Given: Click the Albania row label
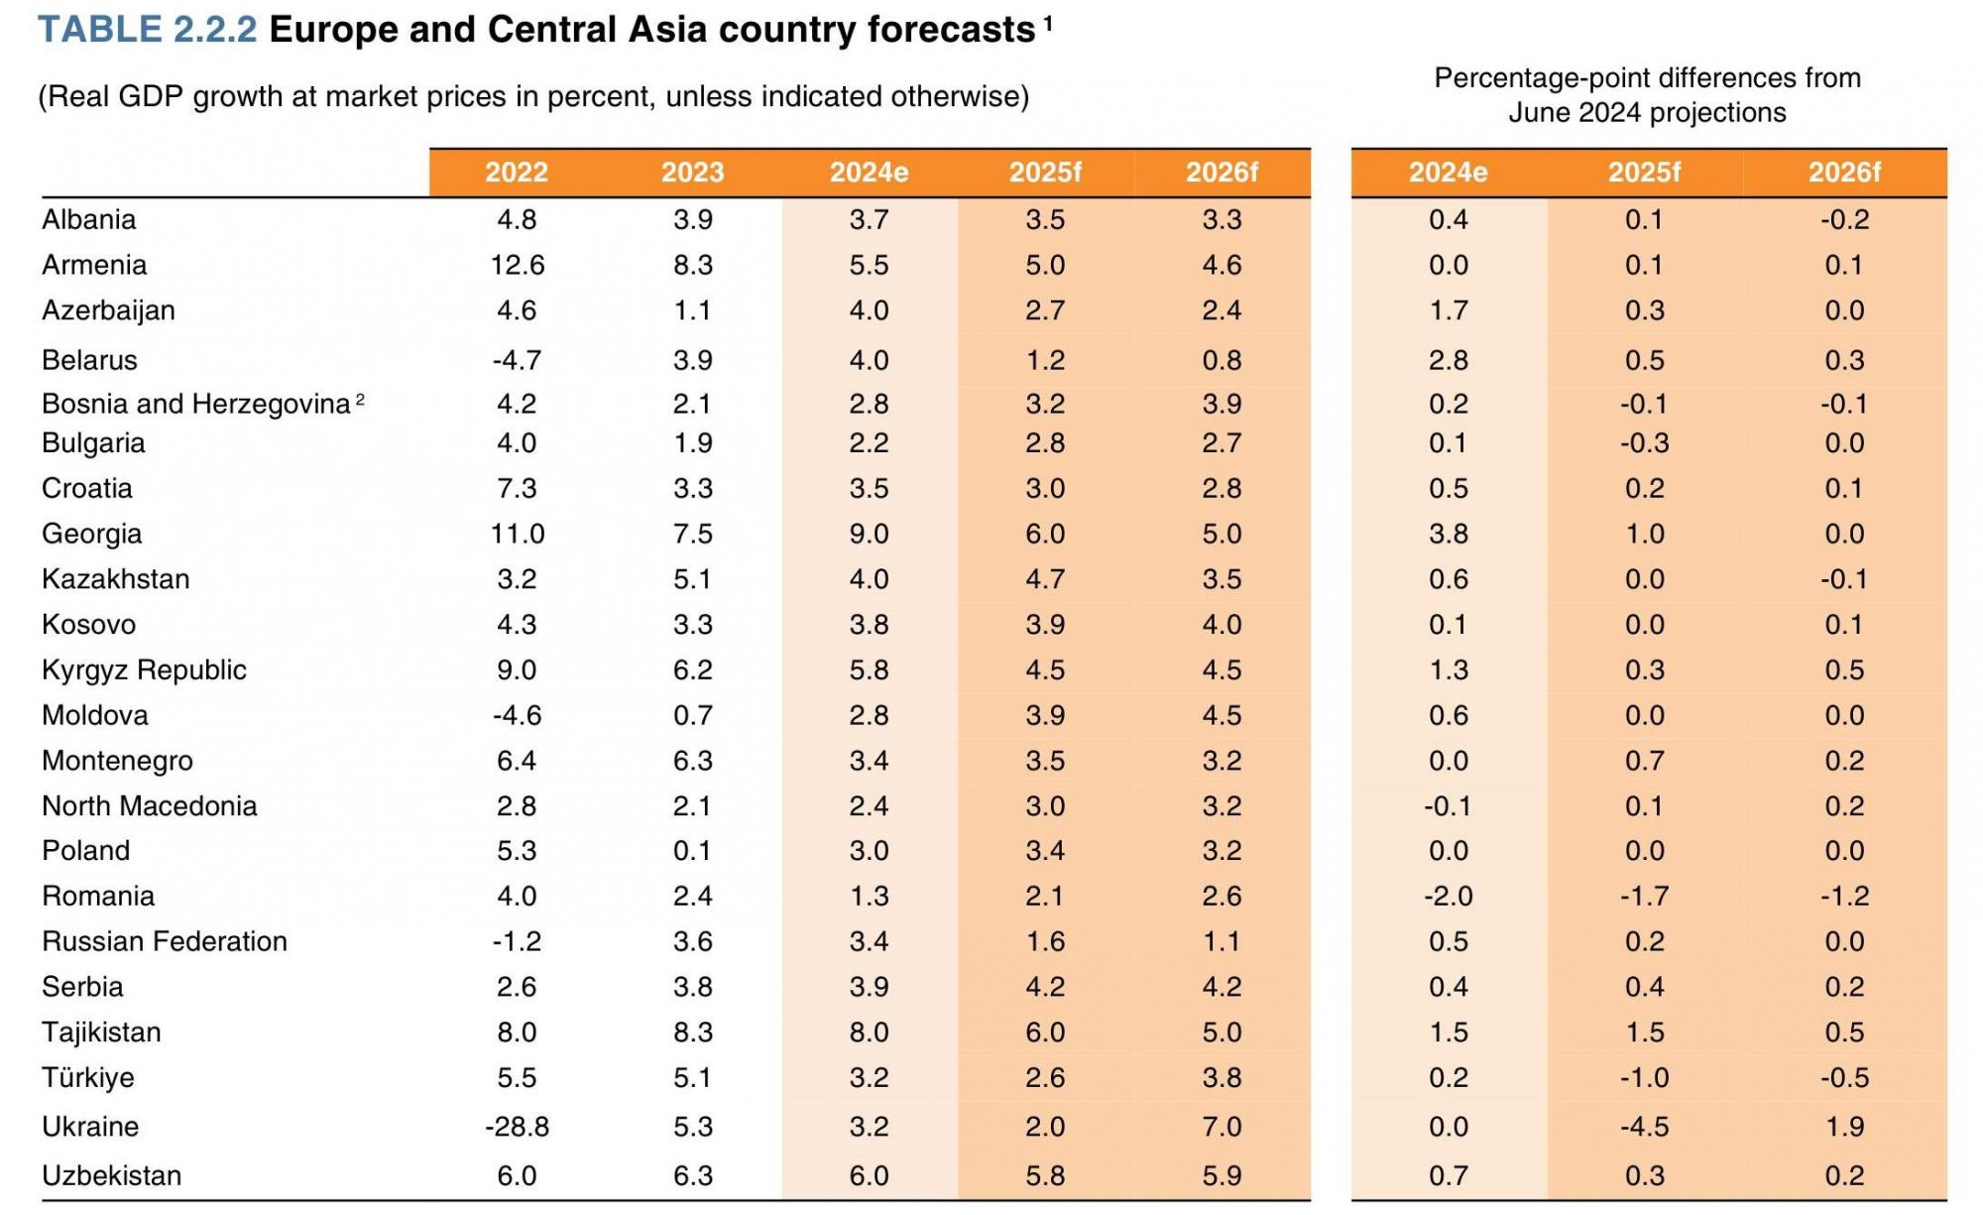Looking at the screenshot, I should coord(88,219).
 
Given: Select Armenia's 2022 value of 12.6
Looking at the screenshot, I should coord(517,265).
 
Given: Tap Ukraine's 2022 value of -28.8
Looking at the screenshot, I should coord(517,1127).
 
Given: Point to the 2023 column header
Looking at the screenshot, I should coord(692,173).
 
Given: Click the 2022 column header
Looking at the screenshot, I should coord(517,173).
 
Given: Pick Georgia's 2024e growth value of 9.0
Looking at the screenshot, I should coord(869,534).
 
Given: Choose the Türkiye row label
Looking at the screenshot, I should coord(87,1077).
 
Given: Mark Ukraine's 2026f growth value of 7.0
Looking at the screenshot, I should coord(1222,1127).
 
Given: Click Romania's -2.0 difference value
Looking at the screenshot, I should coord(1448,897).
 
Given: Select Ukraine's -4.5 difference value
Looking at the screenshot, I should coord(1644,1127).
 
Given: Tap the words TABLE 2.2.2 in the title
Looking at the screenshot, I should coord(148,30).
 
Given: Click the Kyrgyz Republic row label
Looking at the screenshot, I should coord(144,670).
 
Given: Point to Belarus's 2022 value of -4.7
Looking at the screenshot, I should coord(517,360).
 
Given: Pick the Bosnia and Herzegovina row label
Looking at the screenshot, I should coord(195,404).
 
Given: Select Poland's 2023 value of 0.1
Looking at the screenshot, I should coord(692,851).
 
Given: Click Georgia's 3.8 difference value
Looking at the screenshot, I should coord(1448,534).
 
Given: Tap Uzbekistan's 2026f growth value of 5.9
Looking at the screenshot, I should coord(1222,1175).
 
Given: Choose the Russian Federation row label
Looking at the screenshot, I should coord(165,941).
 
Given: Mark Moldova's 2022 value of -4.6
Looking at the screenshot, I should coord(517,715).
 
